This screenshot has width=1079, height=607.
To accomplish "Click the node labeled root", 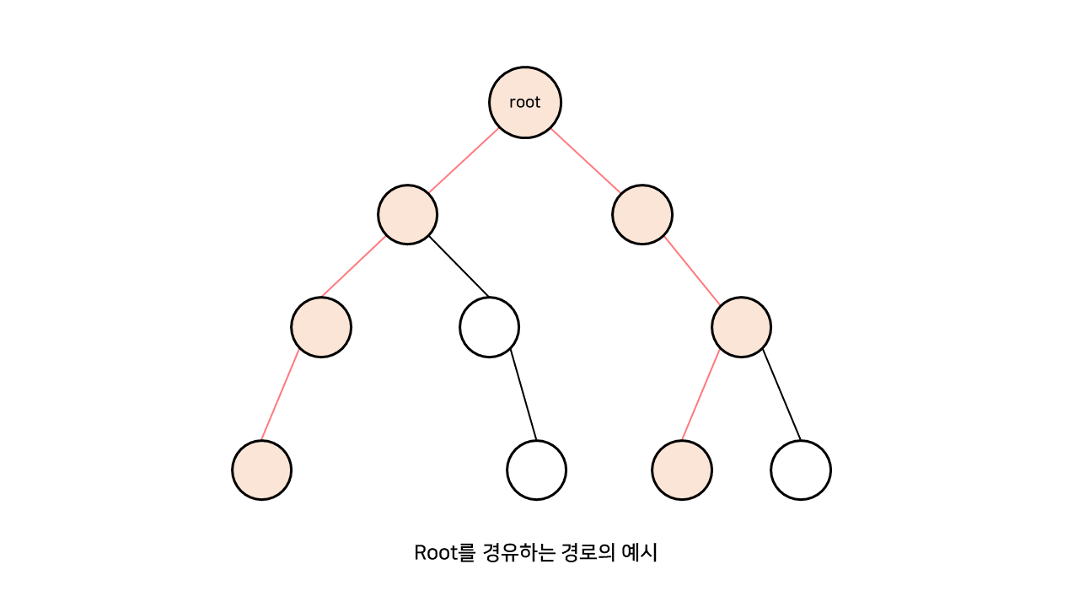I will click(x=525, y=103).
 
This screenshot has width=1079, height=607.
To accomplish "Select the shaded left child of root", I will click(x=407, y=214).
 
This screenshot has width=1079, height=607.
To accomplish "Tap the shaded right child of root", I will click(x=642, y=214).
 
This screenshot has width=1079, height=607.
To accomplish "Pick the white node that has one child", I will click(x=489, y=327).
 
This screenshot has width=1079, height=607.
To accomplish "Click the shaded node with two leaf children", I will click(x=742, y=327).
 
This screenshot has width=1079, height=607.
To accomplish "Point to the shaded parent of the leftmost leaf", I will click(x=321, y=327).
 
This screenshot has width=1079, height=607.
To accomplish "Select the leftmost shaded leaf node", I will click(x=261, y=470).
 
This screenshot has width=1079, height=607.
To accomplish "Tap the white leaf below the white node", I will click(x=536, y=470).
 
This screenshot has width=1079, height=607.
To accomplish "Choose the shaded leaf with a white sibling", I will click(x=682, y=470).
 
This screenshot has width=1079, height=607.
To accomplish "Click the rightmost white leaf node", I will click(x=801, y=470).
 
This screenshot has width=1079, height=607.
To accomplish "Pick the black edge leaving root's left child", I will click(x=459, y=266).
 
